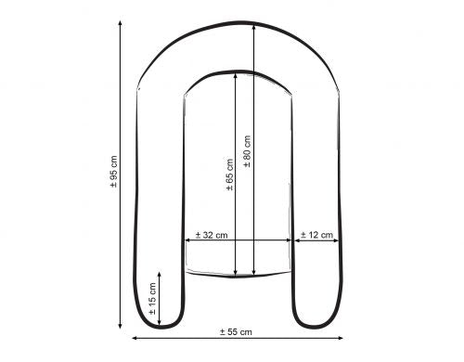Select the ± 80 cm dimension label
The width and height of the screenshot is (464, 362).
247,152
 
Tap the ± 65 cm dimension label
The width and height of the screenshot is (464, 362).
229,175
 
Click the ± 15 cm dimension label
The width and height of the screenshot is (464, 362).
152,299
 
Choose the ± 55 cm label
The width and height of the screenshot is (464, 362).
236,331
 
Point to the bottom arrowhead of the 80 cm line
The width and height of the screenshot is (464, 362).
253,275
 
